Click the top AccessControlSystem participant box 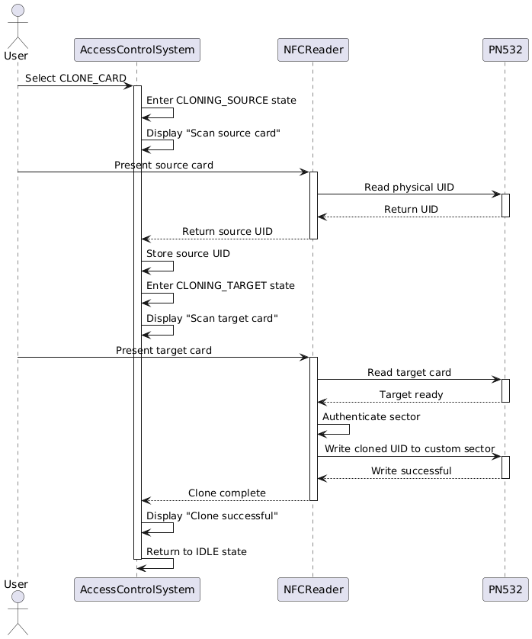click(136, 50)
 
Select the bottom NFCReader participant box click(312, 589)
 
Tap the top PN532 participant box click(505, 50)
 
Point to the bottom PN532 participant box click(505, 589)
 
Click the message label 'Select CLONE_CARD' click(75, 79)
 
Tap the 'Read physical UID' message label click(409, 187)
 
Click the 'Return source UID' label click(227, 231)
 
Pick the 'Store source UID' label click(187, 253)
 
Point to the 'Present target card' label click(164, 350)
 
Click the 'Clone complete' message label click(227, 493)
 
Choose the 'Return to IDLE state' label click(196, 551)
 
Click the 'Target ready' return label click(411, 394)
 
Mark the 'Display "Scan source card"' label click(213, 133)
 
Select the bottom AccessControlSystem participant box click(136, 589)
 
